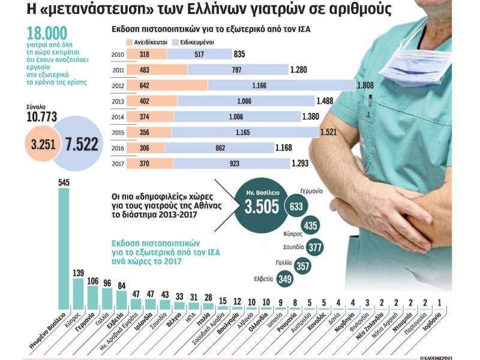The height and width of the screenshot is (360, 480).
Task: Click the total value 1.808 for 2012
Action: [x=365, y=85]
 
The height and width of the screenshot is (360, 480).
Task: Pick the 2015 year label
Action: [x=118, y=132]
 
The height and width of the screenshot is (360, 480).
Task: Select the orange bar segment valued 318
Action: [x=144, y=54]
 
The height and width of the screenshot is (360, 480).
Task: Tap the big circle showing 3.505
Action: [x=262, y=208]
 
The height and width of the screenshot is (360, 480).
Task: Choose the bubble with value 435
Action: [x=311, y=226]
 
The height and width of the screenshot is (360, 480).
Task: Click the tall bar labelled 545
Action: [x=62, y=246]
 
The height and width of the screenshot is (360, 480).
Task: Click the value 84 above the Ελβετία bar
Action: [x=122, y=286]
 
